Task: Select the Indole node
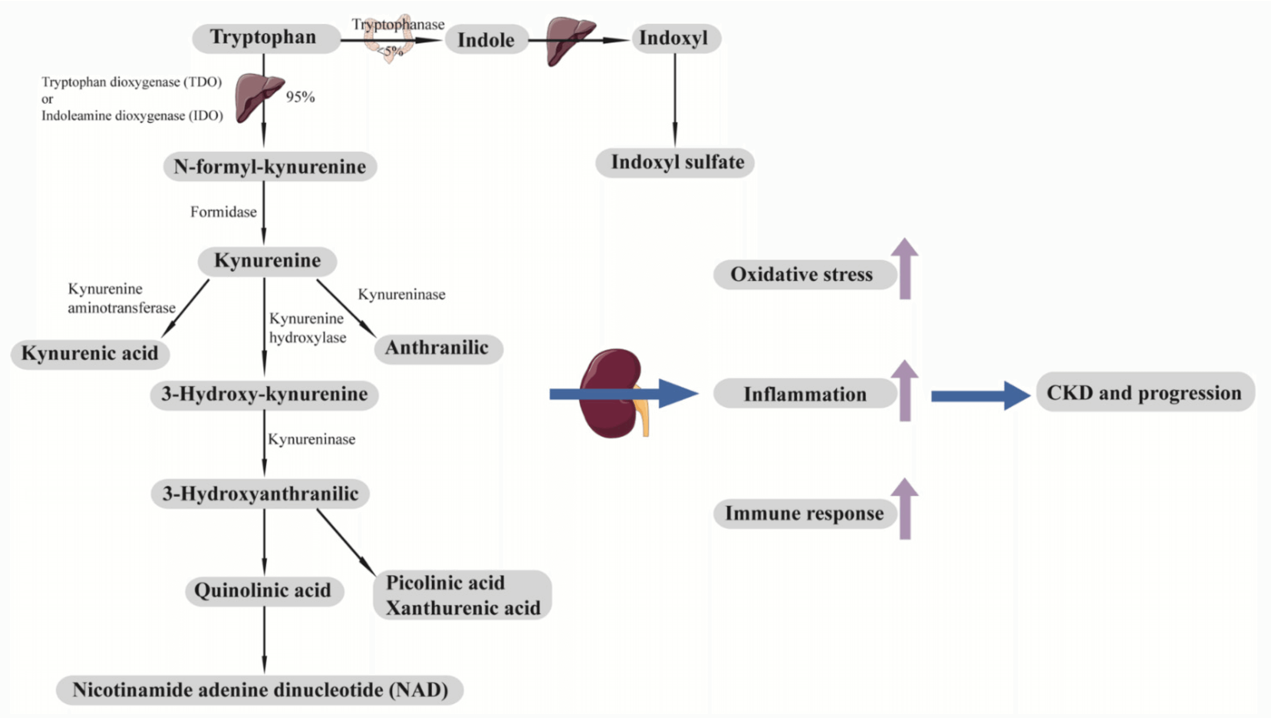[x=486, y=40]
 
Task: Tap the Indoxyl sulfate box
[x=675, y=162]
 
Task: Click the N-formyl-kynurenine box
[x=270, y=167]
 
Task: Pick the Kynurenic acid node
[x=90, y=354]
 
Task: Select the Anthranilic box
[x=437, y=348]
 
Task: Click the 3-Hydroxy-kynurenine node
[x=264, y=394]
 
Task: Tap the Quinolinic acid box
[x=263, y=590]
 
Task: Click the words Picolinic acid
[x=445, y=583]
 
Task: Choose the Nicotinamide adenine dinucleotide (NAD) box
[x=260, y=690]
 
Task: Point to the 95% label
[x=300, y=97]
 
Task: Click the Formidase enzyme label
[x=223, y=212]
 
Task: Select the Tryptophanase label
[x=398, y=24]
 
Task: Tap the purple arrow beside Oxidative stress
[x=905, y=269]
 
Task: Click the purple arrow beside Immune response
[x=905, y=509]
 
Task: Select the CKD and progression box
[x=1144, y=392]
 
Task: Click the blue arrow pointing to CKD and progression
[x=978, y=395]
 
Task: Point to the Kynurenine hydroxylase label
[x=307, y=328]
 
